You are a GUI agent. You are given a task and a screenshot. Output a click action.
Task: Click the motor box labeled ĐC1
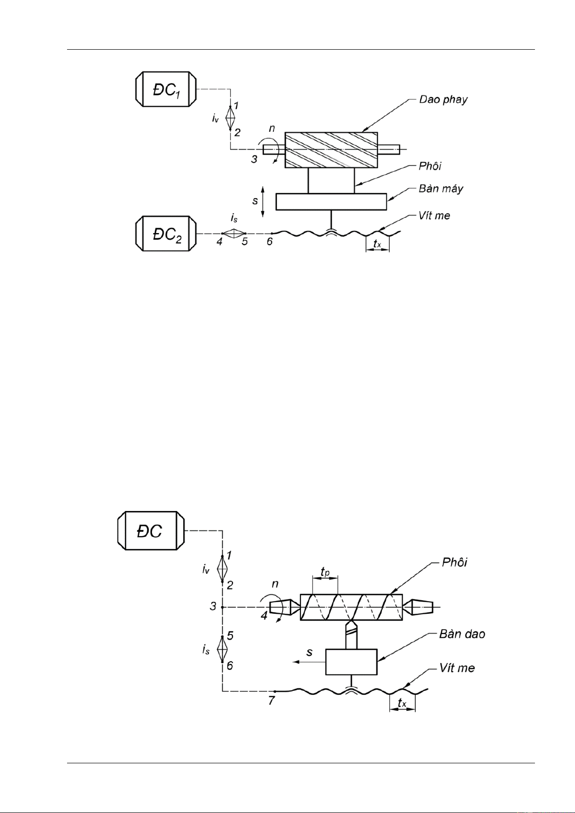[x=166, y=89]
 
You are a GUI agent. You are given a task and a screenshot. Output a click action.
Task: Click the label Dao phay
[x=443, y=100]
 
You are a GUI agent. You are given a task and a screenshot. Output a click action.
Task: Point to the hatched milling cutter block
[x=331, y=150]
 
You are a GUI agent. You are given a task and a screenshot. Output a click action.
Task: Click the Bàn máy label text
[x=441, y=189]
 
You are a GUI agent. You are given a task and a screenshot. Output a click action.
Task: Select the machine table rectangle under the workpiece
[x=331, y=202]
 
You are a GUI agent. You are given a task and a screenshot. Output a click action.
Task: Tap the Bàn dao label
[x=462, y=634]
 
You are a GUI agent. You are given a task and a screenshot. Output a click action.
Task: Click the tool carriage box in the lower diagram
[x=351, y=661]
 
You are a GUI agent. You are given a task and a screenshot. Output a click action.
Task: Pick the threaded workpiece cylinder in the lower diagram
[x=351, y=607]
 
